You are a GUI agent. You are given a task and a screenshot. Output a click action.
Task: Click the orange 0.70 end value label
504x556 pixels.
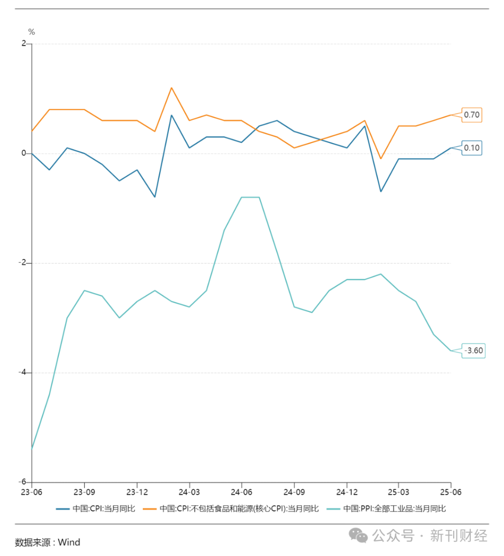(472, 115)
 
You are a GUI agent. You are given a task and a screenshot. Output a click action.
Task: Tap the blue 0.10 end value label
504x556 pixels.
(472, 148)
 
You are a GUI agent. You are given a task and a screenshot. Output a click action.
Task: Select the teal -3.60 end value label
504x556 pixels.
(474, 351)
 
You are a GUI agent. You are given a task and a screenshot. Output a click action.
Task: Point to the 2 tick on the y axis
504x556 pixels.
(24, 43)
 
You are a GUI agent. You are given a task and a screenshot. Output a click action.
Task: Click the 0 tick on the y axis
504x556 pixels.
(24, 153)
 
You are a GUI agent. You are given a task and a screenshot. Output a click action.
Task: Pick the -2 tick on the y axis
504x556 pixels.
(22, 263)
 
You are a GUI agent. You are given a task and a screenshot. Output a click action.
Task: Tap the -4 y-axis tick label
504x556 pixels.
(22, 372)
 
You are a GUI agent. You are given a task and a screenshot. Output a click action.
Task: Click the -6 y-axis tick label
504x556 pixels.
(22, 482)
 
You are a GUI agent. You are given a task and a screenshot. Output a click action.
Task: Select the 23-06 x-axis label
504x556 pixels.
(32, 492)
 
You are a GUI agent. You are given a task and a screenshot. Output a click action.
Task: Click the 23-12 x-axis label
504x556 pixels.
(137, 492)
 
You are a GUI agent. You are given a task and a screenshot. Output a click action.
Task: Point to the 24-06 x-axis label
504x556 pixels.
(241, 492)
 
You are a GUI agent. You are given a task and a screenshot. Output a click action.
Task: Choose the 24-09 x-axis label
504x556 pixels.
(294, 492)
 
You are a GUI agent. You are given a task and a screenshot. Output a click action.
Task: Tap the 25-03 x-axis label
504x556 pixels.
(399, 492)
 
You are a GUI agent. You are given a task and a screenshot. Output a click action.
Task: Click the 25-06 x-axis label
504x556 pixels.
(451, 492)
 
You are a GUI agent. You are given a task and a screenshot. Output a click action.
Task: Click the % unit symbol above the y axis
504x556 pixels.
(32, 32)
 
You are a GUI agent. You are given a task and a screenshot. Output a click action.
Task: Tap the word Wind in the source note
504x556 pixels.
(69, 542)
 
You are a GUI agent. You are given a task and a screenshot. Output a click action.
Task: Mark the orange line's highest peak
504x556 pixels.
(171, 88)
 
